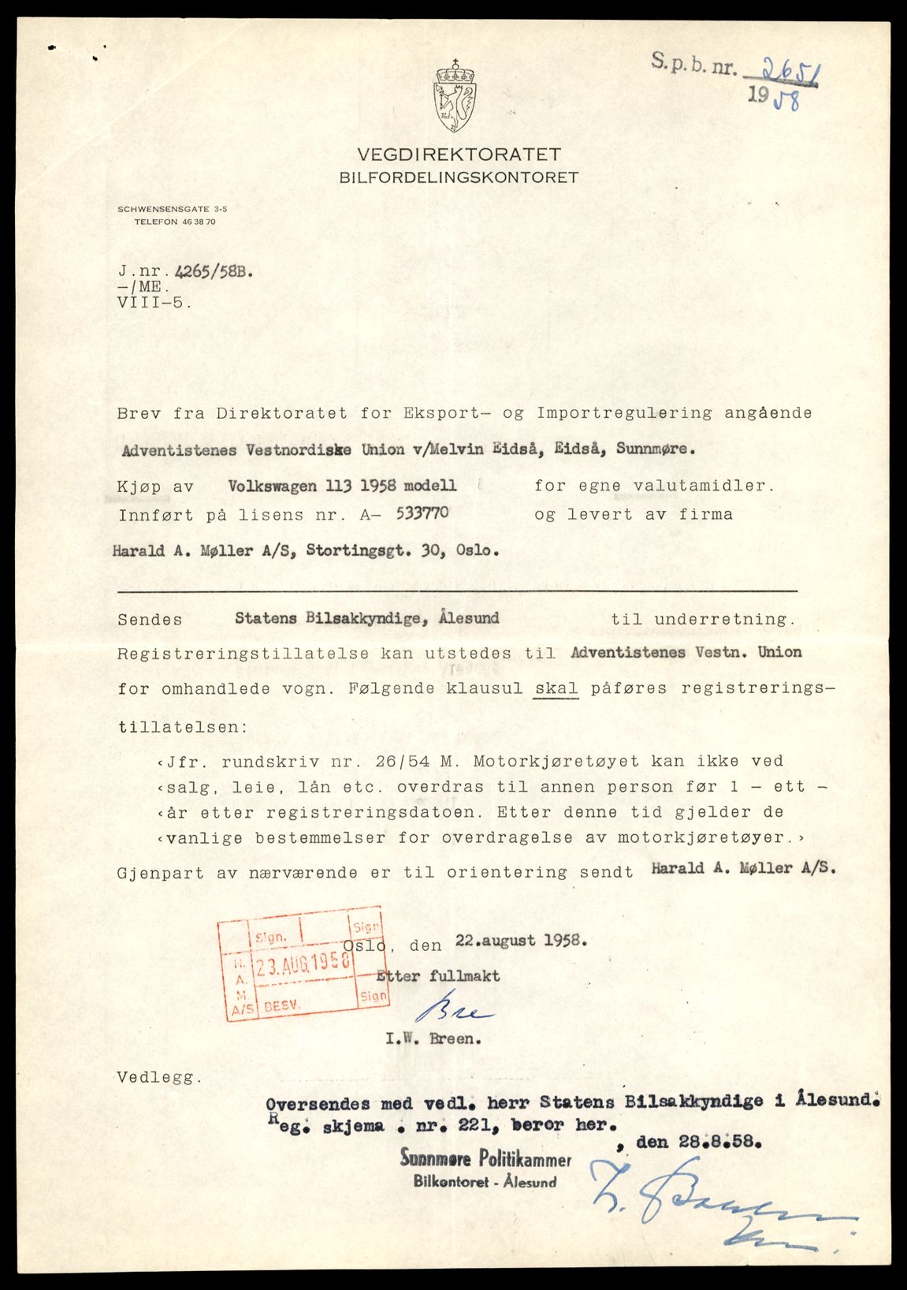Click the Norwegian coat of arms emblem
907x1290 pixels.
(455, 97)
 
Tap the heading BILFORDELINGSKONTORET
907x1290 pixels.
(459, 177)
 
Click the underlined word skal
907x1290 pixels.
(556, 688)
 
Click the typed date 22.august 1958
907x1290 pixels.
(520, 941)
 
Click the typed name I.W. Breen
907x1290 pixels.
(432, 1039)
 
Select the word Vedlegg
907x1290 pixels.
(155, 1076)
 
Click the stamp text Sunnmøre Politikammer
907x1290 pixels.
(485, 1159)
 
